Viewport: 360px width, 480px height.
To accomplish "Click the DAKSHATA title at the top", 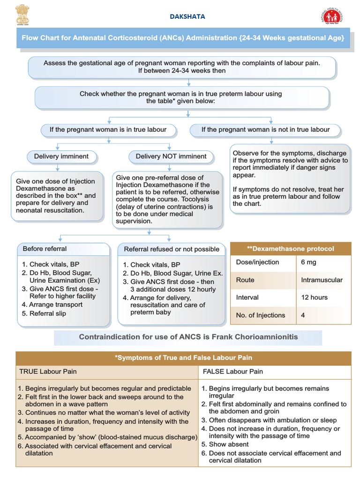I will [187, 16].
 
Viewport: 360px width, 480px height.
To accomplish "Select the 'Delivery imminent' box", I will [61, 157].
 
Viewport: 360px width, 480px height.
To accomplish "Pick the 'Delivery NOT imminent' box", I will [171, 157].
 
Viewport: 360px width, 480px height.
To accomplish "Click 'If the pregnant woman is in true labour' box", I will [108, 129].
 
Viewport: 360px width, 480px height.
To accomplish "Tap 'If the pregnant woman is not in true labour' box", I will [265, 129].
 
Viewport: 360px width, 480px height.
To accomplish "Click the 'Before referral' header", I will [45, 249].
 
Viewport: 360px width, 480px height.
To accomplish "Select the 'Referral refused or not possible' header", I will [172, 249].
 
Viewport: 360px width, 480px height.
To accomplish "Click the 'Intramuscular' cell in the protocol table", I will [322, 280].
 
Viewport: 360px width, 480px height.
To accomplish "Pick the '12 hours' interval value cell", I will [315, 298].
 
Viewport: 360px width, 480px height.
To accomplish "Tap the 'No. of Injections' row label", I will [261, 315].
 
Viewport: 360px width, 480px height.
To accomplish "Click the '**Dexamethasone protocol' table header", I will [291, 249].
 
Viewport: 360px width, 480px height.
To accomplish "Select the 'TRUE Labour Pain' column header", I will [48, 372].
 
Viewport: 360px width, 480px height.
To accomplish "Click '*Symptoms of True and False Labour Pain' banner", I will [183, 358].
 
